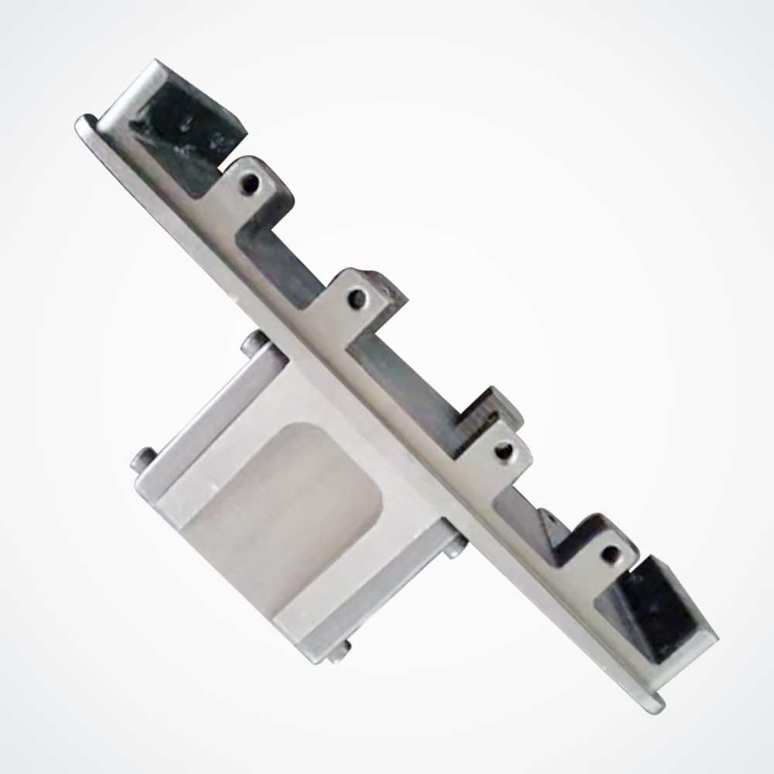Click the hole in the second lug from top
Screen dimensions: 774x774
coord(357,297)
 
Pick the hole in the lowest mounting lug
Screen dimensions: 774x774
coord(610,553)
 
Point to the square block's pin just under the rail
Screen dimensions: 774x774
coord(455,548)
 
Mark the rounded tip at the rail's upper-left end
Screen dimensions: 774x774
coord(84,124)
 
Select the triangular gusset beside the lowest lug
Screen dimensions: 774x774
coord(554,534)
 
